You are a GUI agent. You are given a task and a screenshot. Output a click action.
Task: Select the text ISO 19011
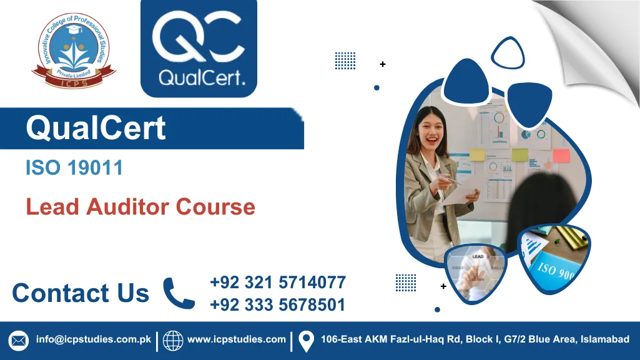74,168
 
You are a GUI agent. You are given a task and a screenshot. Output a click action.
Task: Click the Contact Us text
81,293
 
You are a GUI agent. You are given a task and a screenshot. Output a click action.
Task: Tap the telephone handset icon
179,293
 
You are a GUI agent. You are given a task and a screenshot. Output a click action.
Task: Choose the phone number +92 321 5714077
278,283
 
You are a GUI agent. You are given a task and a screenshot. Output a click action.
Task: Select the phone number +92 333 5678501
278,304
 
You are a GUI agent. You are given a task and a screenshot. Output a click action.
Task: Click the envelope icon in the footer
19,341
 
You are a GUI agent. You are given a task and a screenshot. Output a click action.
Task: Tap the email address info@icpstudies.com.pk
94,340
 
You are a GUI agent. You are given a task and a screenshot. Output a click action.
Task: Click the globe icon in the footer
173,341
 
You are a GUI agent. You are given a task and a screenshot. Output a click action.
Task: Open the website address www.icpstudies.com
237,340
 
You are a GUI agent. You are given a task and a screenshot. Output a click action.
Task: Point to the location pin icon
306,341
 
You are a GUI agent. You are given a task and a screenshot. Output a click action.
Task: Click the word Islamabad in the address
605,340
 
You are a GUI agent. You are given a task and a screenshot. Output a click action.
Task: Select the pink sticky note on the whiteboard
561,156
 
